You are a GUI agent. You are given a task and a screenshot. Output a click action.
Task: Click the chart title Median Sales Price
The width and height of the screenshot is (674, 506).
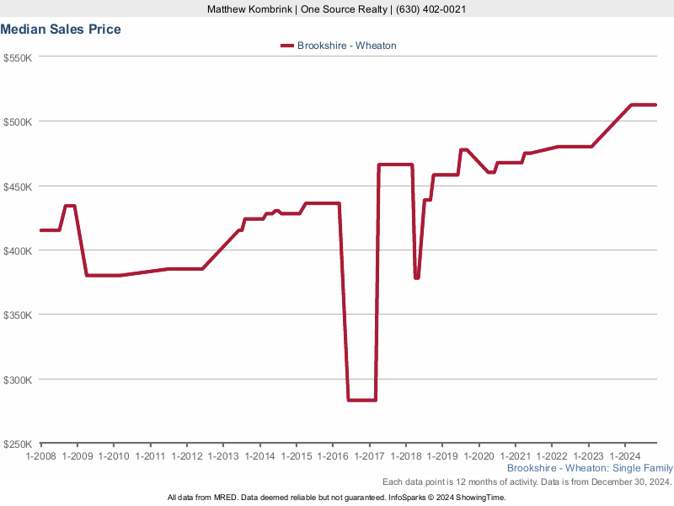tap(61, 30)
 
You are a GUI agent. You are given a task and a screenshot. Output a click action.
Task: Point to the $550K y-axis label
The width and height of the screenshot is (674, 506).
tap(18, 57)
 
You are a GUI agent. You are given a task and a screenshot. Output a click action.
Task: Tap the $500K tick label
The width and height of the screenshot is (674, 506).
tap(18, 121)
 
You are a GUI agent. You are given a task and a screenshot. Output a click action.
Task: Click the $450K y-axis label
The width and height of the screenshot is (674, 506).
tap(18, 186)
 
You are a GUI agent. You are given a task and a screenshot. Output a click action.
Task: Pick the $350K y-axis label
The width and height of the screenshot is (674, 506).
tap(18, 315)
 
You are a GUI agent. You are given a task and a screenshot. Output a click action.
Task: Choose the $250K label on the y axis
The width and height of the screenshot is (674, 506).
tap(18, 444)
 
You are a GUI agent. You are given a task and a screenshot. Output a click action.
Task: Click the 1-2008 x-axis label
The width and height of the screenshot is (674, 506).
tap(41, 455)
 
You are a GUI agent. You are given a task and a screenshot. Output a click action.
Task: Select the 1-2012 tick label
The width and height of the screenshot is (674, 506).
tap(187, 455)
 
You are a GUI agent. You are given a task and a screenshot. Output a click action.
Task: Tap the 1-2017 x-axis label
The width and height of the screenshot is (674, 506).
tap(369, 455)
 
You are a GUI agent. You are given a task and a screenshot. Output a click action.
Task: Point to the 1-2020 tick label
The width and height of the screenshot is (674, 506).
tap(479, 455)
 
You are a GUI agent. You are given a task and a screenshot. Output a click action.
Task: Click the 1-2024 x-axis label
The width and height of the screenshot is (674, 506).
tap(624, 455)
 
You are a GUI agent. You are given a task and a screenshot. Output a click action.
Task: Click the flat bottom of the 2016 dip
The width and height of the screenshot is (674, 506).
tap(361, 400)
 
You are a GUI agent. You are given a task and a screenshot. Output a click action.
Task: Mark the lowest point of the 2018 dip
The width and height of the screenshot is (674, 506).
tap(416, 277)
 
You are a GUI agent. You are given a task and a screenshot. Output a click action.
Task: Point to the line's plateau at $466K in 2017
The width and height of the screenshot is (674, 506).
tap(395, 164)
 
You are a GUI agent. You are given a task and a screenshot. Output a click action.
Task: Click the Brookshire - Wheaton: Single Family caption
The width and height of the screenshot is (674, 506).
tap(590, 468)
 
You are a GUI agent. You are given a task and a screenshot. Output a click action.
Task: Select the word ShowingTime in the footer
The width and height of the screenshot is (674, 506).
tap(481, 498)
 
